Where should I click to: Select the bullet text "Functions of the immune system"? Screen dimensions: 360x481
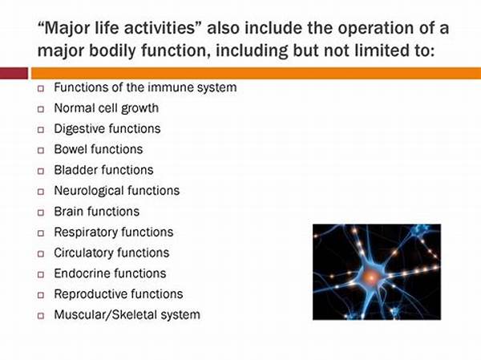click(145, 87)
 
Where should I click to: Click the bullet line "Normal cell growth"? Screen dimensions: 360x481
click(106, 107)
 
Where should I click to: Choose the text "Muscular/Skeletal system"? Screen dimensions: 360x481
click(127, 315)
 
